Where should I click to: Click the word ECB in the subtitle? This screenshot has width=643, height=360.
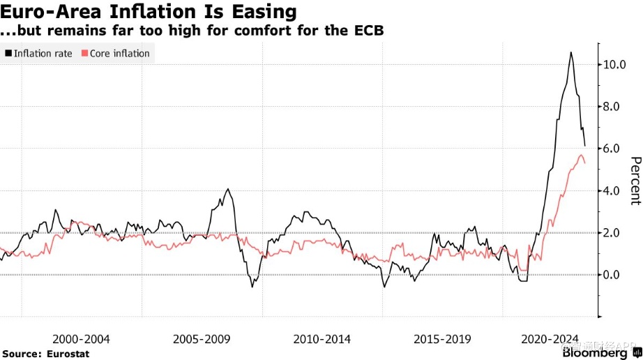(x=370, y=31)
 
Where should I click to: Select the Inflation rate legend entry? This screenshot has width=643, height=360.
(x=43, y=53)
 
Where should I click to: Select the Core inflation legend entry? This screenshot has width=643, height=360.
(x=120, y=53)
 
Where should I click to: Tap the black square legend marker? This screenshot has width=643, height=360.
(x=8, y=53)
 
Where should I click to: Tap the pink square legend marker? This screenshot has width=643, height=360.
(x=85, y=53)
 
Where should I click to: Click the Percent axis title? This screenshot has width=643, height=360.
(x=635, y=180)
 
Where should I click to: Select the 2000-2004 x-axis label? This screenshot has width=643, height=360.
(x=81, y=339)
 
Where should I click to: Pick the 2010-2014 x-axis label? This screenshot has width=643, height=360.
(x=322, y=339)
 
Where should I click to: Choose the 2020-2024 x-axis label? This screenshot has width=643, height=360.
(x=550, y=339)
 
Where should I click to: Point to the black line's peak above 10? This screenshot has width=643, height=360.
(x=571, y=52)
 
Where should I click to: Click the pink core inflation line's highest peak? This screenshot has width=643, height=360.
(x=581, y=155)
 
